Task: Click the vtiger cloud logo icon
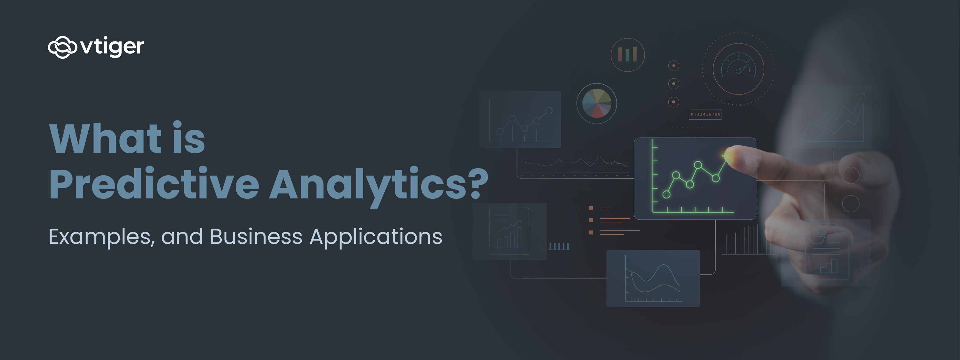(x=62, y=47)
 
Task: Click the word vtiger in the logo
(x=112, y=47)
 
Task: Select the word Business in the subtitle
(x=256, y=237)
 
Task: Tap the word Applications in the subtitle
(x=376, y=237)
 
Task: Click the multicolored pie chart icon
(x=596, y=103)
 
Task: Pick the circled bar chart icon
(x=628, y=55)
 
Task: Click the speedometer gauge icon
(x=738, y=69)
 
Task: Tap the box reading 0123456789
(x=705, y=114)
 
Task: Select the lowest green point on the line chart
(x=666, y=194)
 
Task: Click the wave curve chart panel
(x=653, y=278)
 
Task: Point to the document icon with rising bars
(x=509, y=231)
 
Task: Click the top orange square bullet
(x=591, y=208)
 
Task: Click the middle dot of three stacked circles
(x=673, y=84)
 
